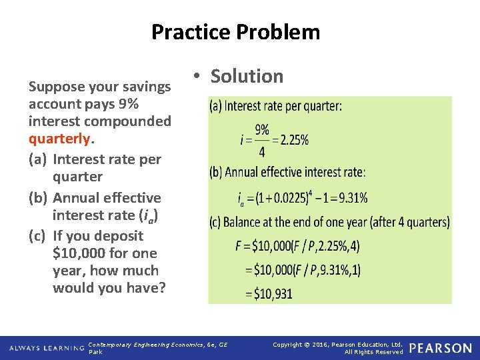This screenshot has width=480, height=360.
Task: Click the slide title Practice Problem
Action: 235,32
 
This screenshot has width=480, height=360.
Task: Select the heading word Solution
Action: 247,76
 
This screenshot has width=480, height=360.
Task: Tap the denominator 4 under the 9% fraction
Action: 261,153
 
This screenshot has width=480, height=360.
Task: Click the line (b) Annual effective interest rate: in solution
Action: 287,172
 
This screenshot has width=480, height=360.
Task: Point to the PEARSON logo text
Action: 441,348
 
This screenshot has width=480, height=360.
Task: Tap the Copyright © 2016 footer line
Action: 338,344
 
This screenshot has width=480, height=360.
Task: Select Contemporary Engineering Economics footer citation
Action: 158,344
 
